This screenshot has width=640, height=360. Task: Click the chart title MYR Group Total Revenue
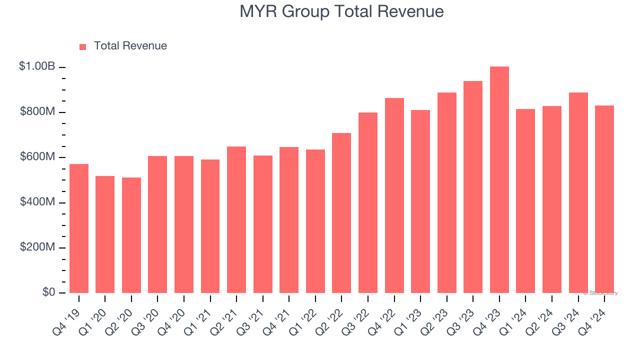tap(341, 11)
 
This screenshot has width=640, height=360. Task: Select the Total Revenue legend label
tap(130, 46)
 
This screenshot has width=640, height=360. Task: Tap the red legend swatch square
tap(83, 46)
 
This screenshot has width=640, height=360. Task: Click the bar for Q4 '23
tap(499, 180)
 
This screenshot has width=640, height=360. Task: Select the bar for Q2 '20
tap(131, 235)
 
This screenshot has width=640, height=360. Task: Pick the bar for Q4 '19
tap(79, 228)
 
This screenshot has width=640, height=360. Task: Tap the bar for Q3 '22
tap(368, 202)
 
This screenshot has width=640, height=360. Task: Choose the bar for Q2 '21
tap(236, 219)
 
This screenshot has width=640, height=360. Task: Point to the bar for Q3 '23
tap(473, 187)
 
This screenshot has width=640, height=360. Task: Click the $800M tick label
tap(37, 111)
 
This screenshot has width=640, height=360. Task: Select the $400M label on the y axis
tap(37, 202)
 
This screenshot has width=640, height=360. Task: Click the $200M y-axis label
tap(37, 247)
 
